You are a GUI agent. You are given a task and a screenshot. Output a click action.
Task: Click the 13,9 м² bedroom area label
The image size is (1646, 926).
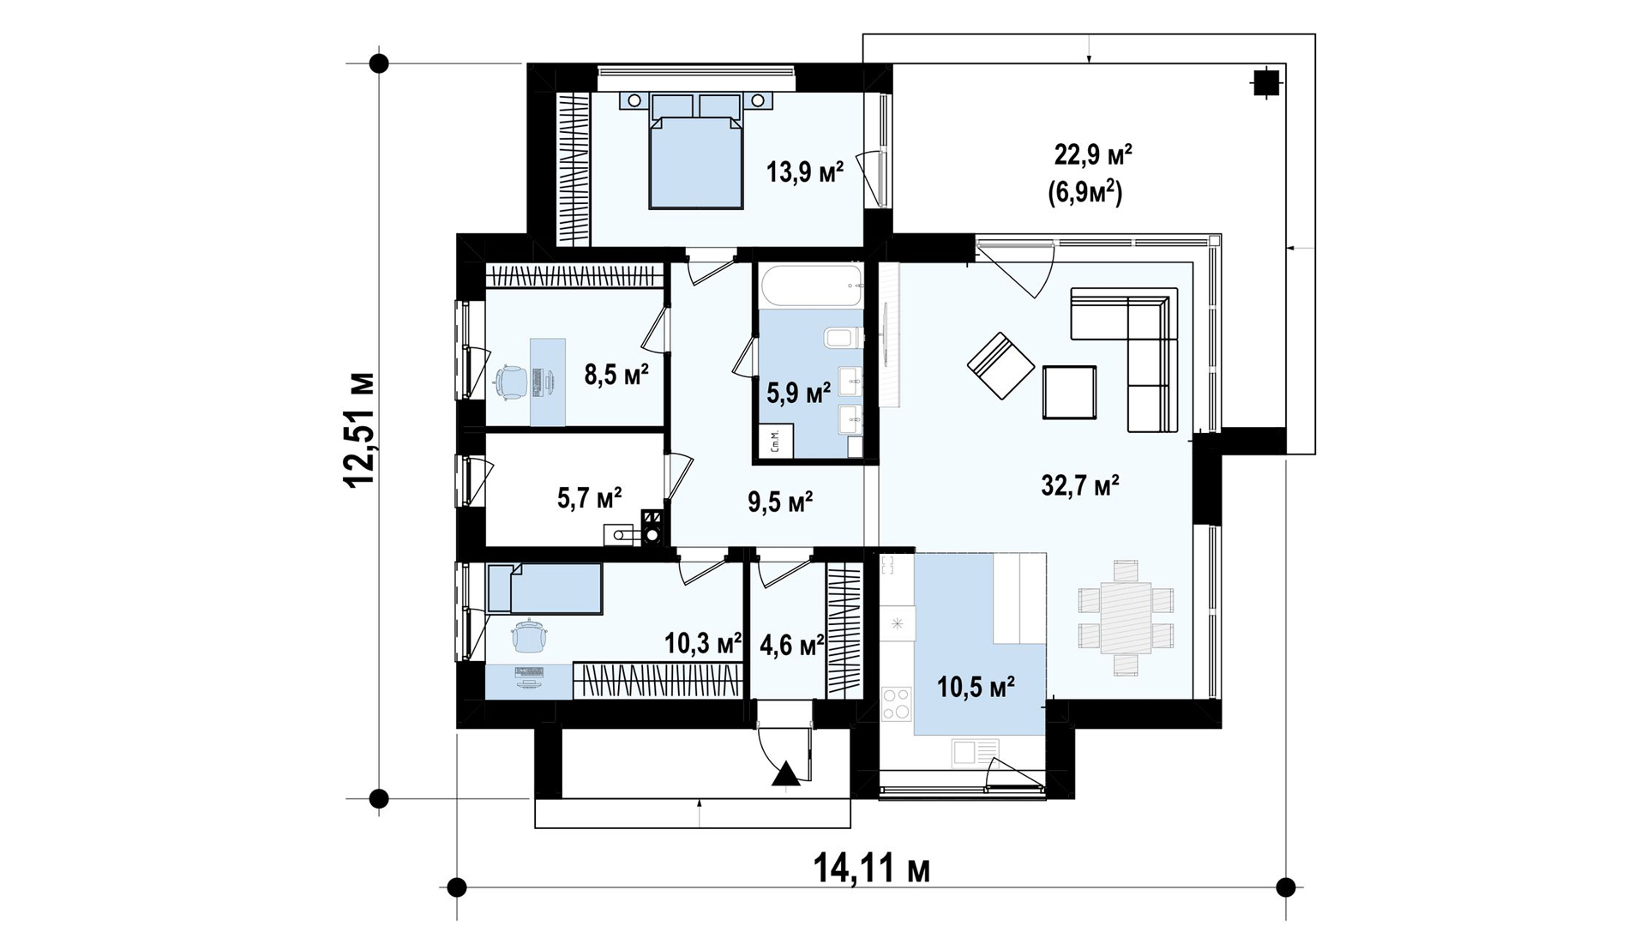[x=804, y=171]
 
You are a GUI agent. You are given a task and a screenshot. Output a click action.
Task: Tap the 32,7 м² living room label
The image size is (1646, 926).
[x=1080, y=486]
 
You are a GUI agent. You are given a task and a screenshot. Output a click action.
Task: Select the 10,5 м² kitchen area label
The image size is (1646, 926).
[x=976, y=687]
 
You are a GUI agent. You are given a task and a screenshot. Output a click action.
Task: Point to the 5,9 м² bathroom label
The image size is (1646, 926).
[x=798, y=394]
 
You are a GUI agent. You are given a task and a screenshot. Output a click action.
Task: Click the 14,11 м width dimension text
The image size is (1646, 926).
[x=871, y=869]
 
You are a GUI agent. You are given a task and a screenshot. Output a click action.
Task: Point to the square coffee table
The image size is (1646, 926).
[x=1069, y=392]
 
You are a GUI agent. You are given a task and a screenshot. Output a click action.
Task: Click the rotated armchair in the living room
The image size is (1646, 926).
[x=1001, y=366]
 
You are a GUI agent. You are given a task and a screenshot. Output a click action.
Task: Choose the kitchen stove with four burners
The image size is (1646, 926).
[x=897, y=705]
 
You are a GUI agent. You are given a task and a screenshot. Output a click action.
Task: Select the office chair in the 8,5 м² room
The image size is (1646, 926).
[x=511, y=381]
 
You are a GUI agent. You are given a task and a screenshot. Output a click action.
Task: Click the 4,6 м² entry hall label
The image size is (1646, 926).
[x=792, y=643]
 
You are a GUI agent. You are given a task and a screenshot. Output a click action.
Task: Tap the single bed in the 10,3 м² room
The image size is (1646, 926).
[x=544, y=588]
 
